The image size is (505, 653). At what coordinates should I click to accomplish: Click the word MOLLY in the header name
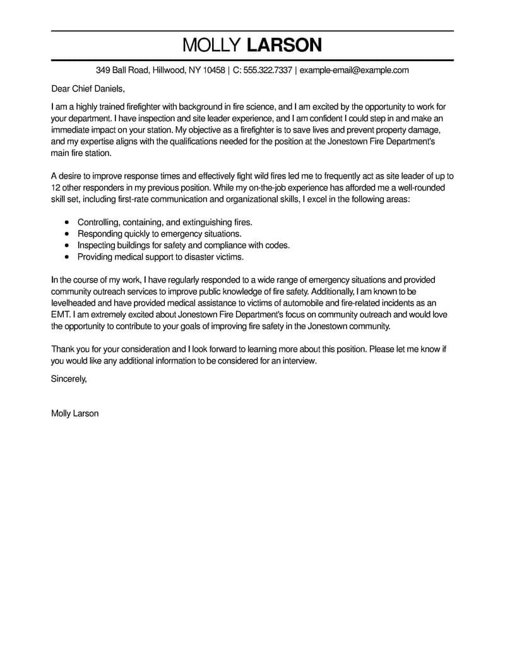[x=211, y=45]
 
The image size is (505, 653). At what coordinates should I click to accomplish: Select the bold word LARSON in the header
[x=284, y=45]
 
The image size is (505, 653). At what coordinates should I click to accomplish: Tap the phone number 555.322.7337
[x=268, y=70]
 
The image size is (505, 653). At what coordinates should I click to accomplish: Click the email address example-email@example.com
[x=354, y=70]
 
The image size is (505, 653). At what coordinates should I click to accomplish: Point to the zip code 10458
[x=215, y=70]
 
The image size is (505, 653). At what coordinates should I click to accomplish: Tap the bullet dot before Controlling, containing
[x=68, y=223]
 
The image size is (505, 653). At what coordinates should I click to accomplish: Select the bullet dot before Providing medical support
[x=68, y=257]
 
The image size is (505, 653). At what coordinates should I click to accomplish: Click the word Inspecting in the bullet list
[x=97, y=245]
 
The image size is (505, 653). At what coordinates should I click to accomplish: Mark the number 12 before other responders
[x=56, y=187]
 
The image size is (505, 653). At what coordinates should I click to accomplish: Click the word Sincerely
[x=69, y=379]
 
